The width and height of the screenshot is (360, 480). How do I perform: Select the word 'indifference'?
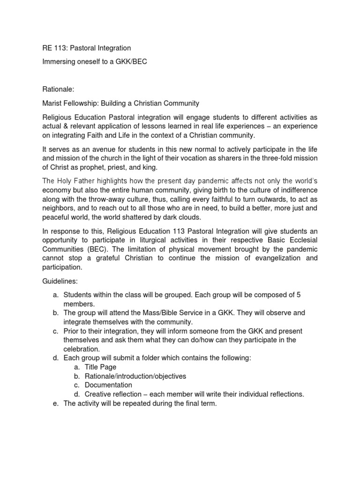pyautogui.click(x=296, y=189)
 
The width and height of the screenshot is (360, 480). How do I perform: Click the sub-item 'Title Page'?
pyautogui.click(x=100, y=367)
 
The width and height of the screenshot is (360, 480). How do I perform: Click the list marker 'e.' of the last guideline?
pyautogui.click(x=54, y=404)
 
